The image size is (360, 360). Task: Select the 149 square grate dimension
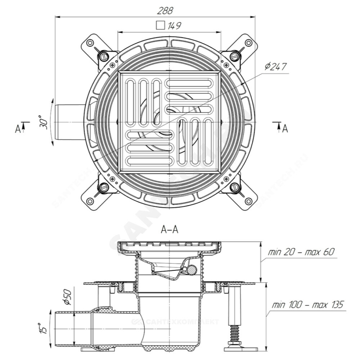pos(174,26)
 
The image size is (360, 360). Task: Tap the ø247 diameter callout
pos(276,67)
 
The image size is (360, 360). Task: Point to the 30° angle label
pos(44,122)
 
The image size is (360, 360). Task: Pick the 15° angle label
pos(43,328)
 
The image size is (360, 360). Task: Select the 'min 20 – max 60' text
pos(301,252)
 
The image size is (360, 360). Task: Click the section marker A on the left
pos(18,129)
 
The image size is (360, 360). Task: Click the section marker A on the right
pos(285,128)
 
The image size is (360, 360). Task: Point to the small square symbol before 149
pos(160,26)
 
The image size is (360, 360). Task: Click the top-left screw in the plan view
pos(104,56)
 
